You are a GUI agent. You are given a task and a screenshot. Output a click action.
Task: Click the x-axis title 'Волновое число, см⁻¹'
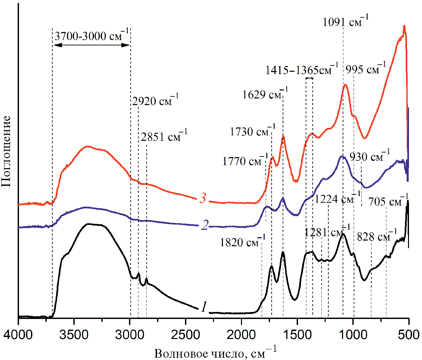[x=215, y=353]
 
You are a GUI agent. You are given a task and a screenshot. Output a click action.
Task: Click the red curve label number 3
[x=203, y=198]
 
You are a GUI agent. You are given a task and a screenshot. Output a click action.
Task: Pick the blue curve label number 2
[x=204, y=225]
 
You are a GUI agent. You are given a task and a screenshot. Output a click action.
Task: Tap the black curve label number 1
[x=204, y=306]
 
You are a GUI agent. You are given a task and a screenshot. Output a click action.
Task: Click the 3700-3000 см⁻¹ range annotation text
[x=92, y=35]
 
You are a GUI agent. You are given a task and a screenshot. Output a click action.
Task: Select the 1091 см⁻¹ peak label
[x=346, y=22]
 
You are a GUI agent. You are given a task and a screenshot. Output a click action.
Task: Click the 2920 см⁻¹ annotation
[x=155, y=100]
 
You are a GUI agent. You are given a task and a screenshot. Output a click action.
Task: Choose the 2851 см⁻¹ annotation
[x=164, y=136]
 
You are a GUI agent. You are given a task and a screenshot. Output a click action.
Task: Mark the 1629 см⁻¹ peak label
[x=265, y=94]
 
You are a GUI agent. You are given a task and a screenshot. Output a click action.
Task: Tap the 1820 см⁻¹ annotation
[x=242, y=242]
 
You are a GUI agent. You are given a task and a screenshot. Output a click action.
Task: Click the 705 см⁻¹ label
[x=388, y=201]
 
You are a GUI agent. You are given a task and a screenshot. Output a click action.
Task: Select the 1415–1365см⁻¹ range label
[x=302, y=70]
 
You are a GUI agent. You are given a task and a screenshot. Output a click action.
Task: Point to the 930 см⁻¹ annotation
[x=370, y=156]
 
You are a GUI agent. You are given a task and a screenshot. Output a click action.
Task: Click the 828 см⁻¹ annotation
[x=377, y=237]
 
